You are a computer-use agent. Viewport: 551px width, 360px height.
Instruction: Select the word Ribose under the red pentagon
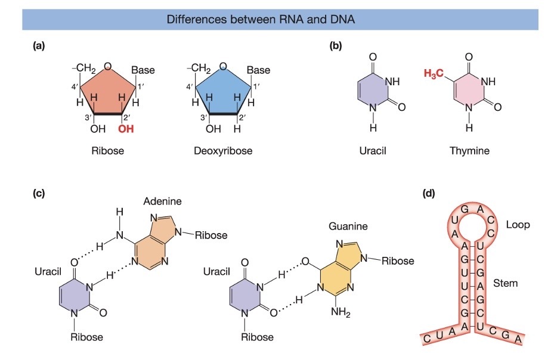(x=107, y=151)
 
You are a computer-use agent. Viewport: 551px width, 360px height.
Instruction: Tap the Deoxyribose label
(x=223, y=151)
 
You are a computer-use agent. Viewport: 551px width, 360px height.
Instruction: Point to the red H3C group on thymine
(x=434, y=74)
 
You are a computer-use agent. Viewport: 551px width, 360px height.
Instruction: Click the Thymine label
(x=469, y=151)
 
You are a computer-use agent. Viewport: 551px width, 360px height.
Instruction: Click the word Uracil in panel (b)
(x=373, y=151)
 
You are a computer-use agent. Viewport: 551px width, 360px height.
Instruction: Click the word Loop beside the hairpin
(x=518, y=225)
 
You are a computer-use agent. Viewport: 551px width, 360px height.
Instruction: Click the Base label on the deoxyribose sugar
(x=258, y=70)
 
